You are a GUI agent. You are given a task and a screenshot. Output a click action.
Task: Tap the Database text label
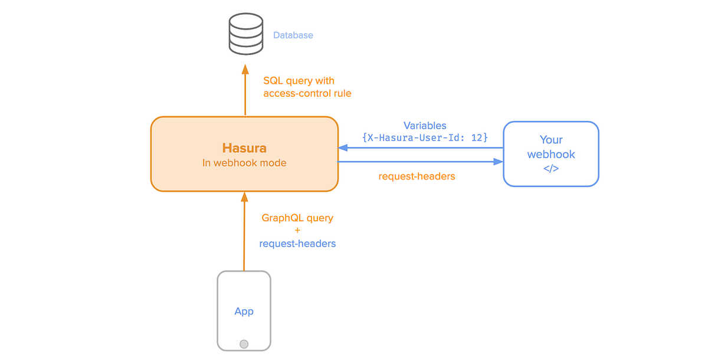pos(293,35)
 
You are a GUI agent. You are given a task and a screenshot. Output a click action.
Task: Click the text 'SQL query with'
pos(299,80)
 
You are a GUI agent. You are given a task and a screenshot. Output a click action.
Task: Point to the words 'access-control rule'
pos(307,93)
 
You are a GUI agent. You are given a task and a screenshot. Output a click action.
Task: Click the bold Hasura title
pos(244,148)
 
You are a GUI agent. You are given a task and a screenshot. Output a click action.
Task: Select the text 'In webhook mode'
pos(244,163)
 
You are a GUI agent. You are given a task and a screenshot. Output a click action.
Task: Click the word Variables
pos(425,125)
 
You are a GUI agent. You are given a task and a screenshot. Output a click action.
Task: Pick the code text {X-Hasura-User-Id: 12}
pos(425,138)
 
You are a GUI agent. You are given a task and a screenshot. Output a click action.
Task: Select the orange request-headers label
pos(417,176)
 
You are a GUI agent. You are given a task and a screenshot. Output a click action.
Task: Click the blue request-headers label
pos(297,243)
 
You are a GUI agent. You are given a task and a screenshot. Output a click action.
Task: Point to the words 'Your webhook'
pos(551,147)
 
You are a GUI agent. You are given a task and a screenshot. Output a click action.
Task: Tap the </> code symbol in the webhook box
pos(551,168)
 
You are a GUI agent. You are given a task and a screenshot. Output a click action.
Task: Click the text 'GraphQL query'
pos(297,218)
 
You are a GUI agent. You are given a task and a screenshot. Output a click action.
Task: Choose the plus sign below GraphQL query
pos(297,231)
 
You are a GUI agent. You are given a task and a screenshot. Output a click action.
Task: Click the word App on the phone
pos(244,311)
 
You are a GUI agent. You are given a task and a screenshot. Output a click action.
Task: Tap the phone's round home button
pos(244,343)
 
